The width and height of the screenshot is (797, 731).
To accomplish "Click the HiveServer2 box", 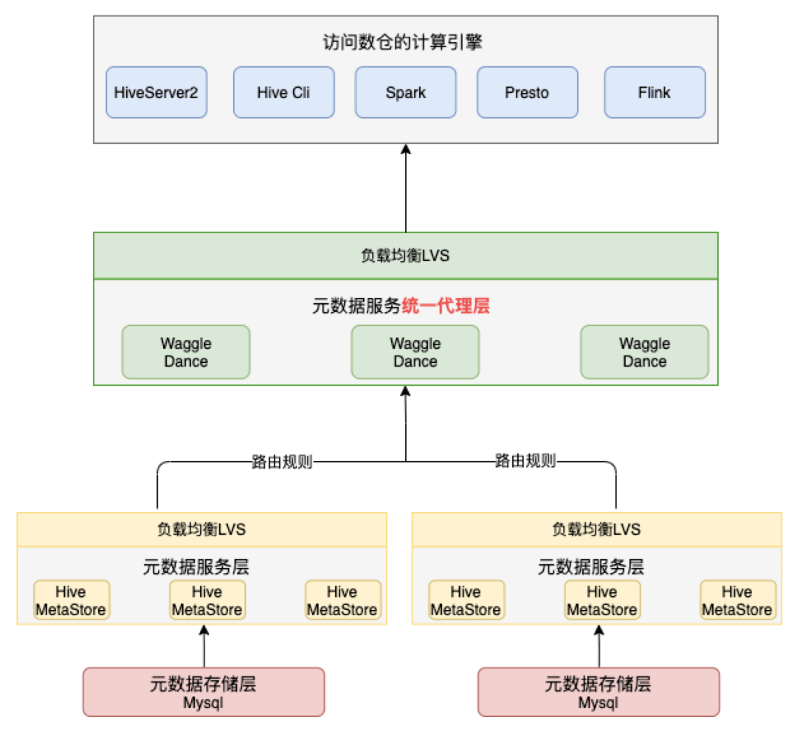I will tap(156, 93).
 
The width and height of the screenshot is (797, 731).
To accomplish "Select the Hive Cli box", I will tap(283, 93).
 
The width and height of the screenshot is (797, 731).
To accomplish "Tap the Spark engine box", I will tap(405, 93).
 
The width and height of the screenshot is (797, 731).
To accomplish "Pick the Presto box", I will tap(527, 93).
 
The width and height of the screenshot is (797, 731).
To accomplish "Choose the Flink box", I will tap(654, 93).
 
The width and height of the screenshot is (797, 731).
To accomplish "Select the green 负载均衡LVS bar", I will tap(405, 256).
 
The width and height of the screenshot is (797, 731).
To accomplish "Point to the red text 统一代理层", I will tap(446, 306).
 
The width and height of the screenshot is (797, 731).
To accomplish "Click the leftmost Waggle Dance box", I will tap(186, 353).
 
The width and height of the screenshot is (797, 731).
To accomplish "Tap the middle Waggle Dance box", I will tap(415, 353).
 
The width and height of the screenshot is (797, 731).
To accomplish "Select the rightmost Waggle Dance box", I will tap(644, 353).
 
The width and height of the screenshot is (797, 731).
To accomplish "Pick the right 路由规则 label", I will tap(525, 462).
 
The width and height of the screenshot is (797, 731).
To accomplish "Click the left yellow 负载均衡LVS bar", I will tap(201, 530).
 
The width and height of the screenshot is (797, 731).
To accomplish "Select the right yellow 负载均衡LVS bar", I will tap(596, 530).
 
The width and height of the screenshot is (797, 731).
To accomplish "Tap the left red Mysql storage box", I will tap(203, 692).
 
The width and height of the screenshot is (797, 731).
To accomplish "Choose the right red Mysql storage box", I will tap(598, 692).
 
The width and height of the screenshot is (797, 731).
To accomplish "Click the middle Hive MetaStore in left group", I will tap(207, 600).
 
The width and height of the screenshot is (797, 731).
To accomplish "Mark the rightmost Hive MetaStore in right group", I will tap(737, 600).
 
